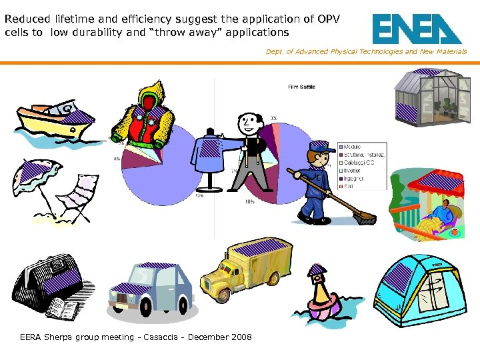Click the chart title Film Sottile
tap(301, 87)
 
